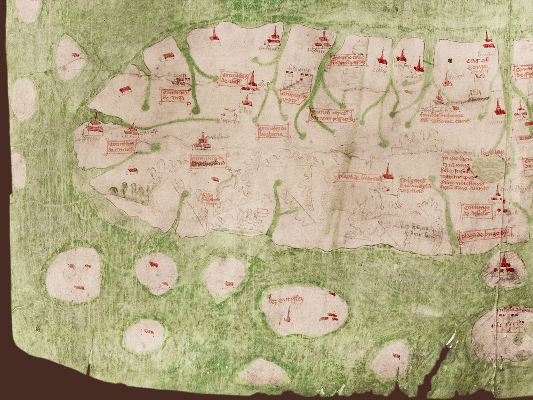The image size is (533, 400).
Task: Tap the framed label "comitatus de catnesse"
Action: pyautogui.click(x=122, y=146)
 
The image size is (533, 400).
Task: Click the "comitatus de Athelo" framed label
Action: pyautogui.click(x=476, y=211)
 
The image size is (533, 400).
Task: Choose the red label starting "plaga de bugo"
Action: pyautogui.click(x=485, y=234)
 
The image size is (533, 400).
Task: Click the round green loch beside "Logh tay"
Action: pyautogui.click(x=488, y=168)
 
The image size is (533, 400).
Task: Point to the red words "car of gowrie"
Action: pyautogui.click(x=477, y=64)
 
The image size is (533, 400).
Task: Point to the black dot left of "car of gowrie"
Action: pyautogui.click(x=450, y=60)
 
